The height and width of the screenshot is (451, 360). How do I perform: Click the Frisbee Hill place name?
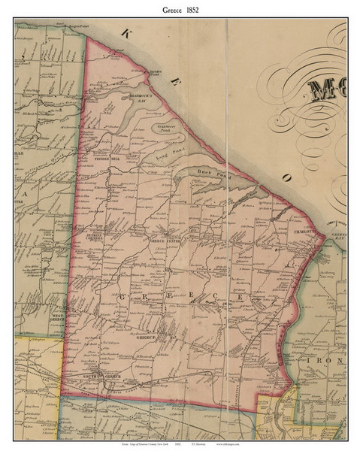coord(107,159)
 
